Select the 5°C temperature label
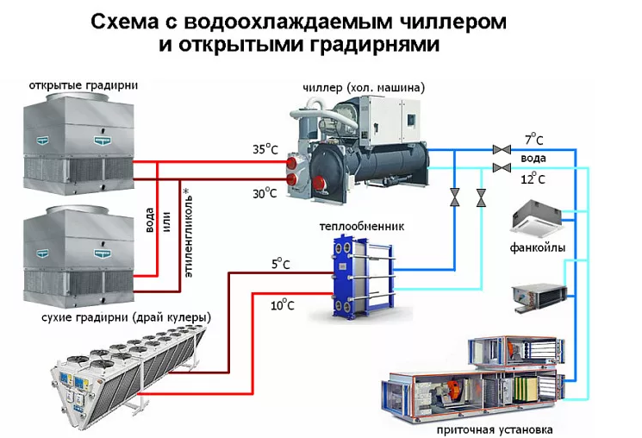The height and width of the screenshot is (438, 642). (281, 264)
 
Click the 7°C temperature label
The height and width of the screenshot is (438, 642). (534, 139)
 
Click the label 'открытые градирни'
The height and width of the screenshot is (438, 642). (84, 85)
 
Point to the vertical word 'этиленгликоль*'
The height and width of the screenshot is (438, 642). (188, 234)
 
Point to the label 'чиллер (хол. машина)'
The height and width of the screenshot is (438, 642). (364, 88)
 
